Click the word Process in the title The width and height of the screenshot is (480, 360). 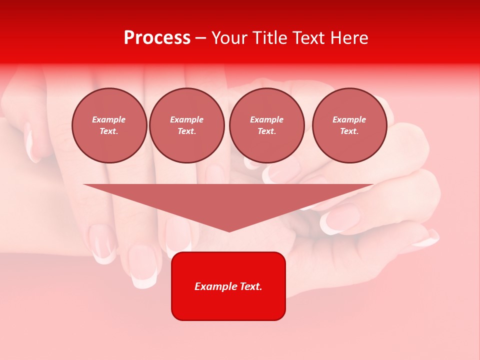[x=157, y=38]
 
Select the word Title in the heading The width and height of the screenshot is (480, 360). [x=272, y=38]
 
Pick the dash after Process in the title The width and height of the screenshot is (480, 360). [x=201, y=38]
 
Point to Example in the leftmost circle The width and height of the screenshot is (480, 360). [x=109, y=119]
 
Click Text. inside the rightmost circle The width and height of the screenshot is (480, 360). [x=349, y=131]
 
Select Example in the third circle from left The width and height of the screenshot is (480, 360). [x=266, y=119]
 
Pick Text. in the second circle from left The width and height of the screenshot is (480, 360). [x=187, y=131]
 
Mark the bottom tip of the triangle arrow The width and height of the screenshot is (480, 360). [x=229, y=231]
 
